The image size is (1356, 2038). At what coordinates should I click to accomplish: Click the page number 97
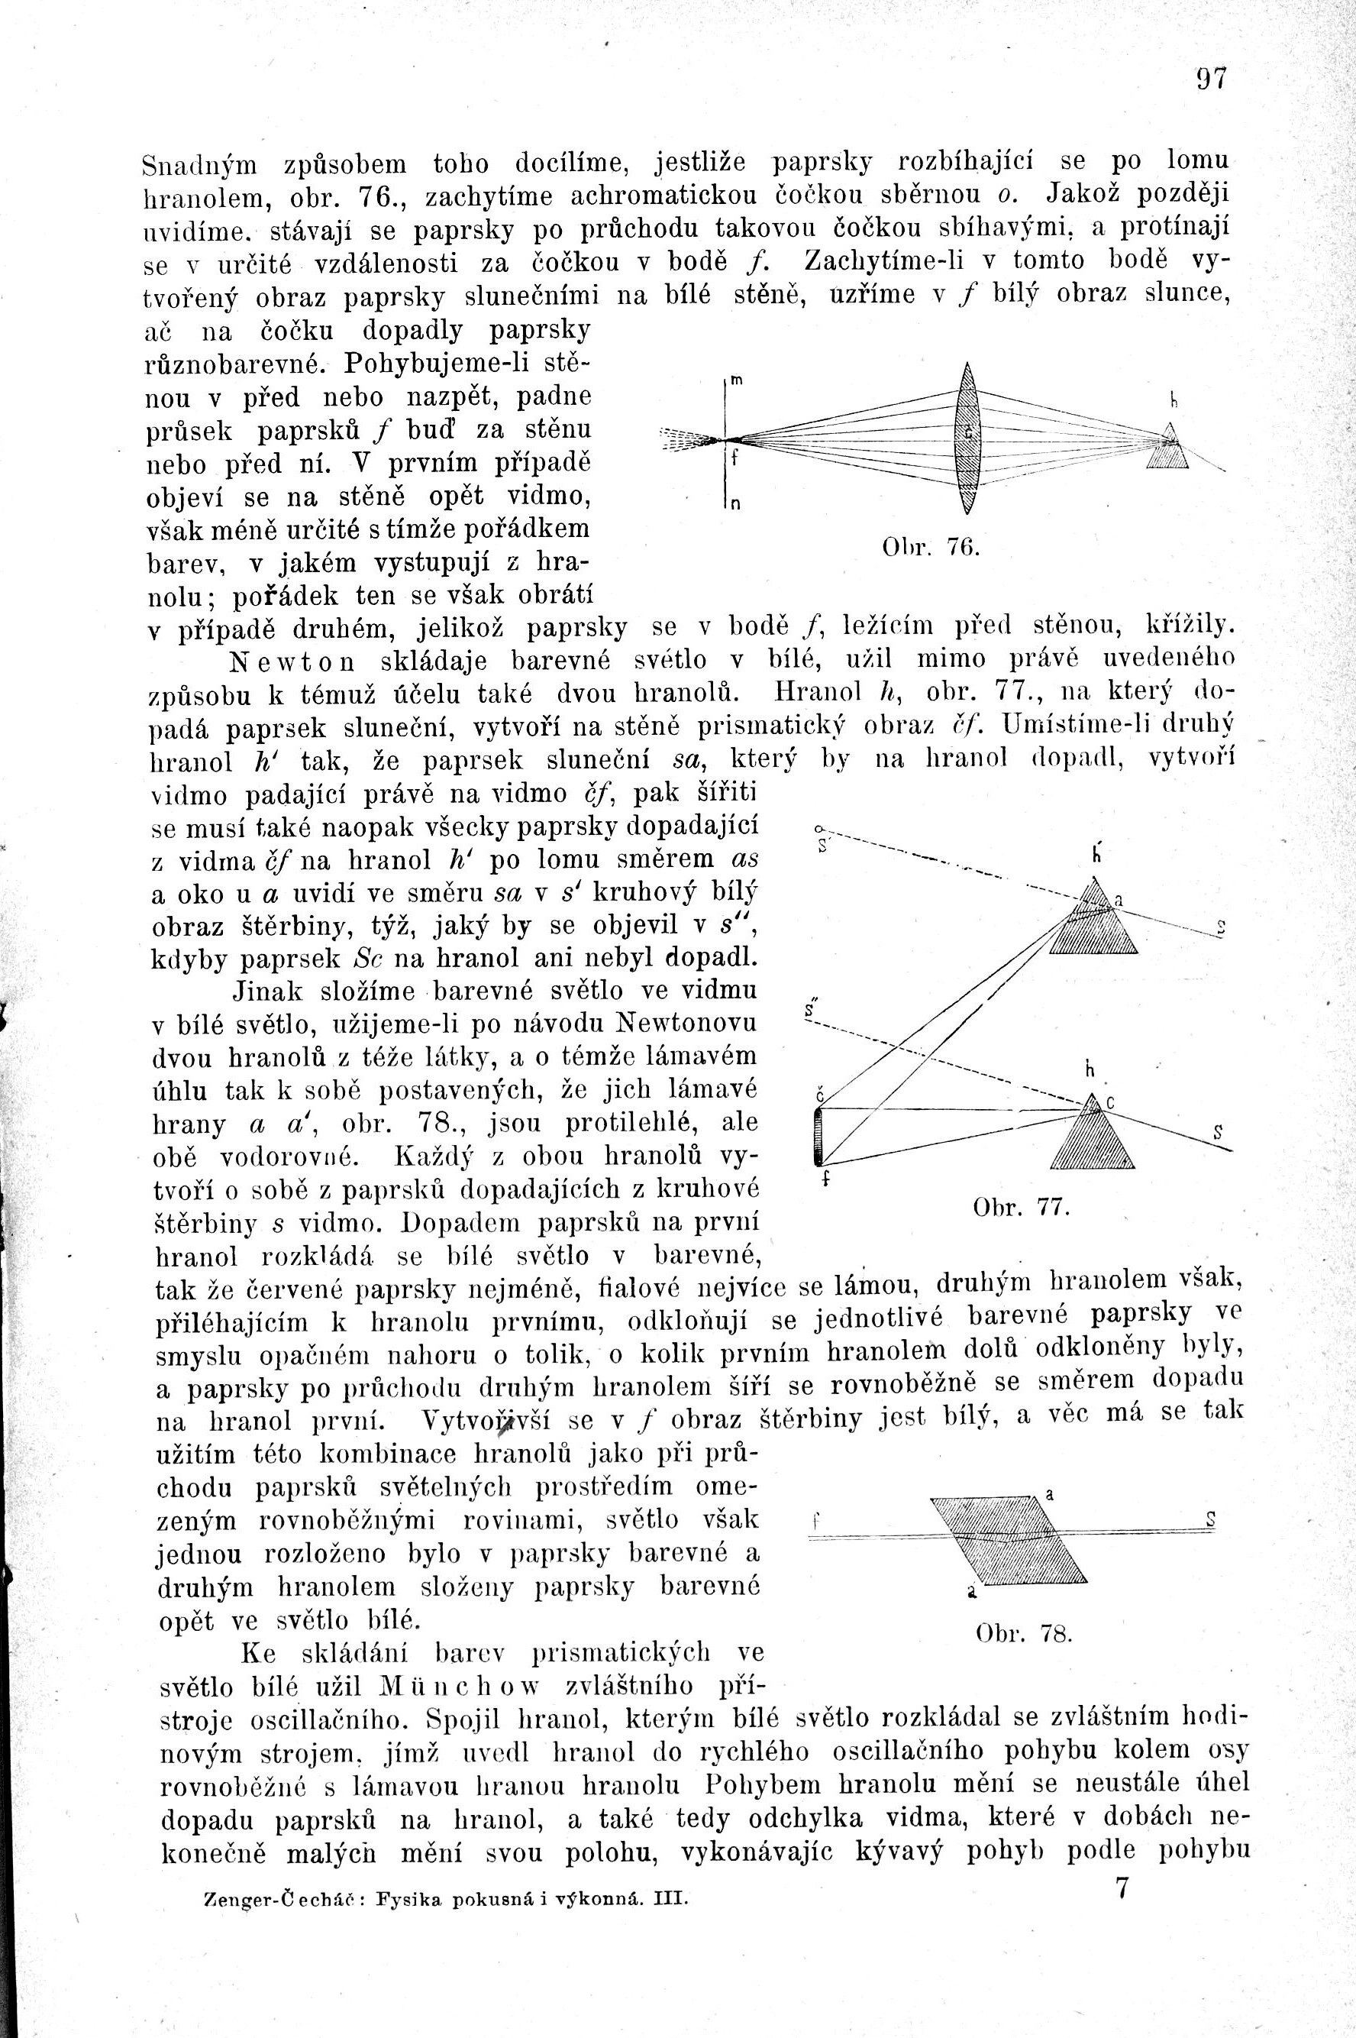(1211, 79)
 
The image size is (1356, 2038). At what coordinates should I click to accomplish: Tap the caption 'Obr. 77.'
(1022, 1208)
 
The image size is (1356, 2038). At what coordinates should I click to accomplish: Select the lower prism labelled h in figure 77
(1093, 1135)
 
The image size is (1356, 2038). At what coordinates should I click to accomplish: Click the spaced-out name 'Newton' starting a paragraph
(293, 661)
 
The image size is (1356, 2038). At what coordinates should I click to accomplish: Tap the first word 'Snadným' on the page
(203, 163)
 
